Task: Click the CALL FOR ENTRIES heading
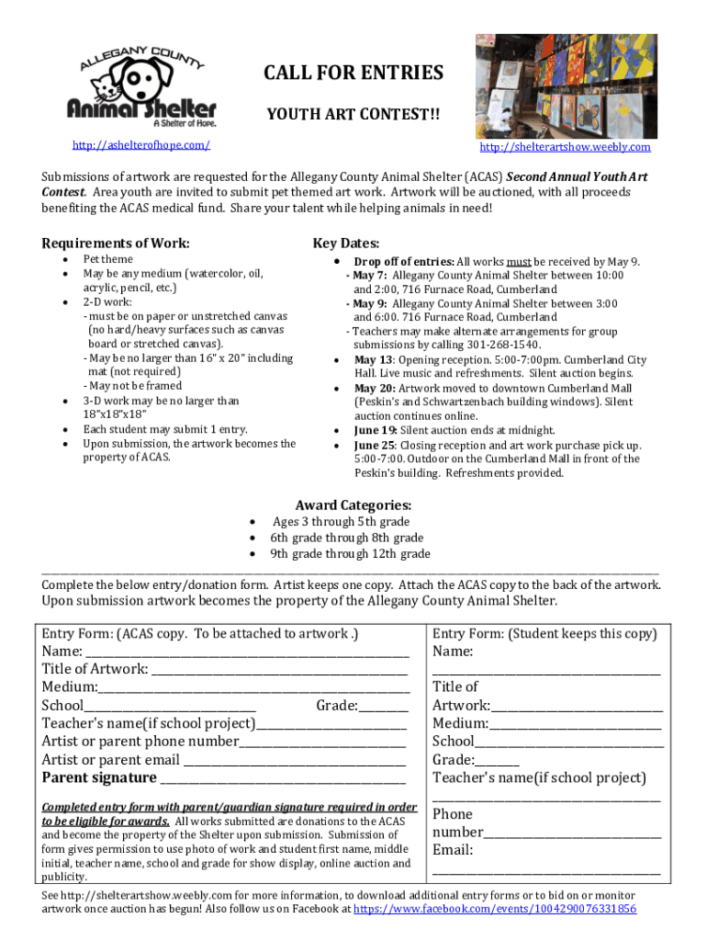(353, 73)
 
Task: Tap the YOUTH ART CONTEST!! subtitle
(353, 115)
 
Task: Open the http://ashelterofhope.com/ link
(141, 145)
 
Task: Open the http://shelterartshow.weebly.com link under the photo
(565, 147)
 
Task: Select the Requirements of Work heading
(116, 243)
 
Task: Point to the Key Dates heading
(346, 243)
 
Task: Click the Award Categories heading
(353, 505)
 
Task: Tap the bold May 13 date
(373, 359)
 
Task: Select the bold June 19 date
(375, 430)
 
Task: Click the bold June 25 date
(375, 445)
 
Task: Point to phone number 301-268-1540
(465, 345)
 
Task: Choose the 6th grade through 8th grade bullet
(346, 538)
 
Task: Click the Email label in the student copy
(453, 850)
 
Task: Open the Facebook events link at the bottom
(495, 909)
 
